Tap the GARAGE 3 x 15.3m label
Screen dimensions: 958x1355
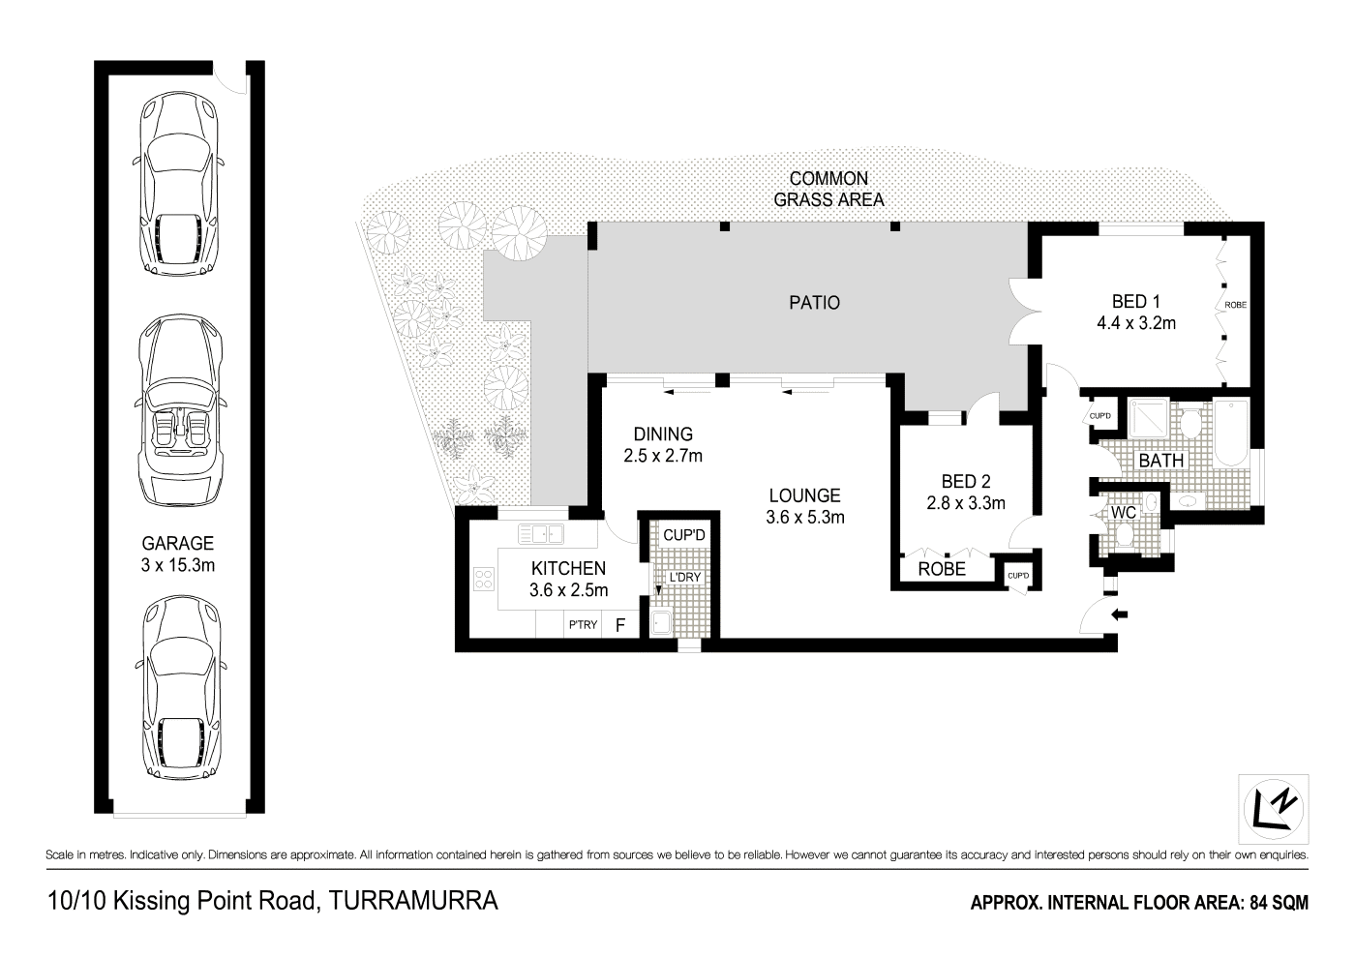point(177,554)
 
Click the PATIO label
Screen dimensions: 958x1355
point(814,303)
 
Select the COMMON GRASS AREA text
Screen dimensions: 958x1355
point(828,190)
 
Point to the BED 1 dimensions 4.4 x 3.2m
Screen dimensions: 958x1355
point(1135,324)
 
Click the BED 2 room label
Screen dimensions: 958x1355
point(965,481)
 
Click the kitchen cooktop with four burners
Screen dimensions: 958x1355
point(484,579)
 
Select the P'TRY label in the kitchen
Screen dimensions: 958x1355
point(583,625)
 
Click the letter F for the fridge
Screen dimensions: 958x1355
point(620,625)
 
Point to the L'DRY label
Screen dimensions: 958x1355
point(684,578)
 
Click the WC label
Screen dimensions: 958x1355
point(1123,512)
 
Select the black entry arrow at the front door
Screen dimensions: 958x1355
point(1120,614)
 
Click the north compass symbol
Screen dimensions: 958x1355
point(1275,808)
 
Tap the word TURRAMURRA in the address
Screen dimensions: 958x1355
point(413,902)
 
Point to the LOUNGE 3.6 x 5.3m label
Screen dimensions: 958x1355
point(804,506)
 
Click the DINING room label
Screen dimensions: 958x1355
point(663,434)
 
